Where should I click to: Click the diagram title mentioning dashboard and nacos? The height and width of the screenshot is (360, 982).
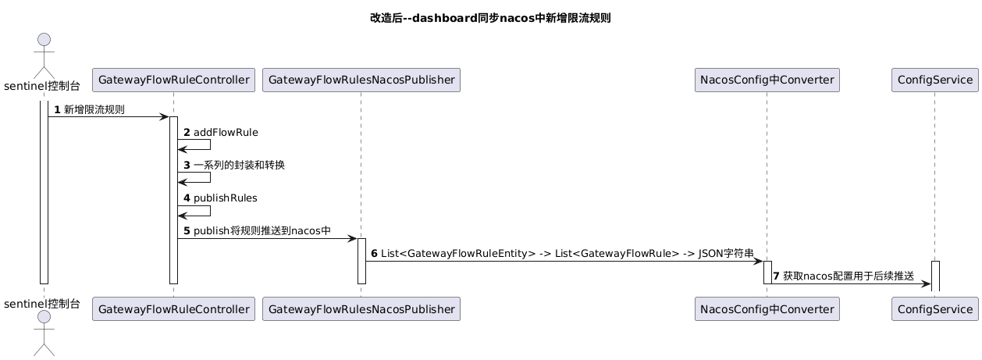coord(490,18)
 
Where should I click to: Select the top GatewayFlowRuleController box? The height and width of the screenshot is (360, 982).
coord(173,80)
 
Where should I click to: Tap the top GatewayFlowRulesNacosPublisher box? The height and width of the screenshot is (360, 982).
coord(361,80)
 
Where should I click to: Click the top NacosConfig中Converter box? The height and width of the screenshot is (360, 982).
coord(767,80)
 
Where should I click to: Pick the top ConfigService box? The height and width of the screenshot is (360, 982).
coord(934,80)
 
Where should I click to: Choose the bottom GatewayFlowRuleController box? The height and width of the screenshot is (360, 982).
coord(173,308)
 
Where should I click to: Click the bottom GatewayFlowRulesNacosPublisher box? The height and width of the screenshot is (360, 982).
coord(361,308)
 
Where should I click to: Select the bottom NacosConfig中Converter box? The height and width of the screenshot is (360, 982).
coord(767,308)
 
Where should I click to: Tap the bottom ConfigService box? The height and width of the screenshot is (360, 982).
coord(934,308)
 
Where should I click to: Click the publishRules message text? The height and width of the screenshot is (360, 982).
coord(226,198)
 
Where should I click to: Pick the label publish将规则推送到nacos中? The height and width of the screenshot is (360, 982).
coord(262,231)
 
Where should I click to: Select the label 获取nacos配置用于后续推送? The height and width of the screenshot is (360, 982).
coord(848,276)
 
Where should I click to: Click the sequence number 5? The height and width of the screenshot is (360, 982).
coord(187,231)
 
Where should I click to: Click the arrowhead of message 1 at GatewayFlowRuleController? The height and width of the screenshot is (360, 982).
coord(165,117)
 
